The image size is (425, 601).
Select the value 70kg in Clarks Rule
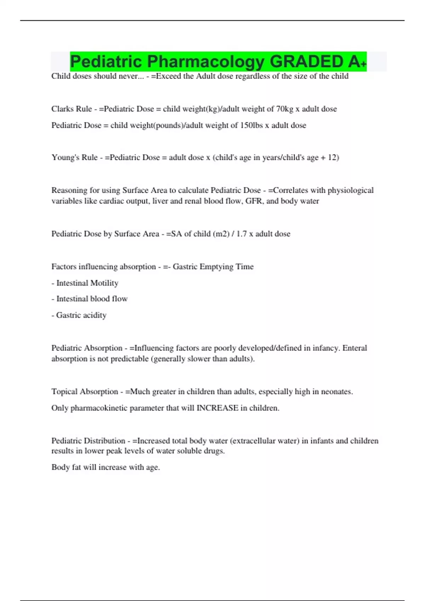click(x=284, y=109)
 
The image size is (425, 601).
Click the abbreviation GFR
click(x=254, y=201)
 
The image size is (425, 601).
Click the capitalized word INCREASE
click(x=217, y=408)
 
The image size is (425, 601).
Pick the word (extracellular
click(x=251, y=441)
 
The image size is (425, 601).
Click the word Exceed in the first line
click(x=168, y=76)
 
